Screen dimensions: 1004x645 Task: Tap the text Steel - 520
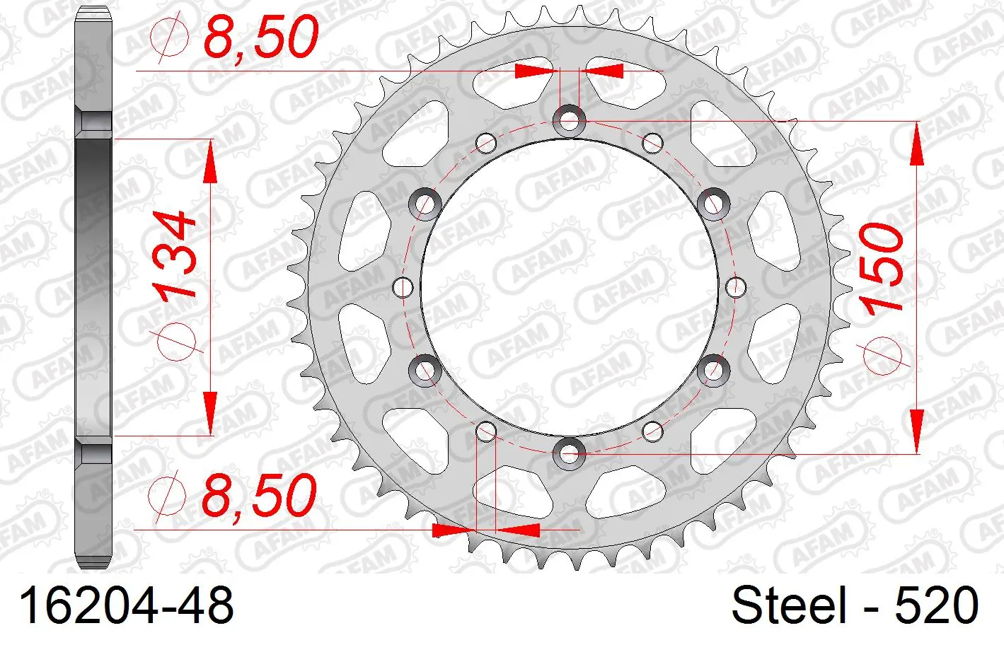pos(855,605)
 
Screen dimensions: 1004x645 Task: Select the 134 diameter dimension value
pos(174,255)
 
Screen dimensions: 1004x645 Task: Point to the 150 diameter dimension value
pos(880,269)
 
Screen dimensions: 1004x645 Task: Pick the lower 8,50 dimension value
pos(260,495)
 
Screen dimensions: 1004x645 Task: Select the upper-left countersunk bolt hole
pos(425,204)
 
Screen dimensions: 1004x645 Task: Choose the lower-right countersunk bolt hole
pos(714,370)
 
